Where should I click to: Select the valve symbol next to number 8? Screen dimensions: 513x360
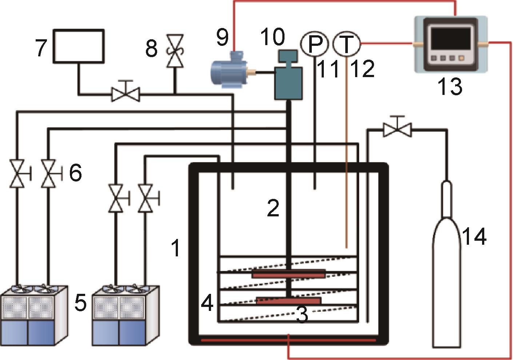click(x=175, y=51)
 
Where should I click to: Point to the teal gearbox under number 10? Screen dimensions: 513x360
click(x=288, y=76)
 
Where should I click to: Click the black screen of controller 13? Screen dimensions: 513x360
click(x=450, y=38)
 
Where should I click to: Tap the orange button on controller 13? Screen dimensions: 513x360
click(x=461, y=58)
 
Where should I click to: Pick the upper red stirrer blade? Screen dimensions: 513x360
click(x=289, y=274)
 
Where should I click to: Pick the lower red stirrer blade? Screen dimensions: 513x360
click(x=289, y=301)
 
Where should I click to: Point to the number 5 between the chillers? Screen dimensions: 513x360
click(x=81, y=303)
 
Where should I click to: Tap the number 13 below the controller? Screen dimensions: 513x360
click(x=450, y=86)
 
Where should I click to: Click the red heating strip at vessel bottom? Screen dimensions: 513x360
click(x=288, y=340)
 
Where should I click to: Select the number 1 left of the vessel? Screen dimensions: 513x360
click(x=176, y=248)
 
